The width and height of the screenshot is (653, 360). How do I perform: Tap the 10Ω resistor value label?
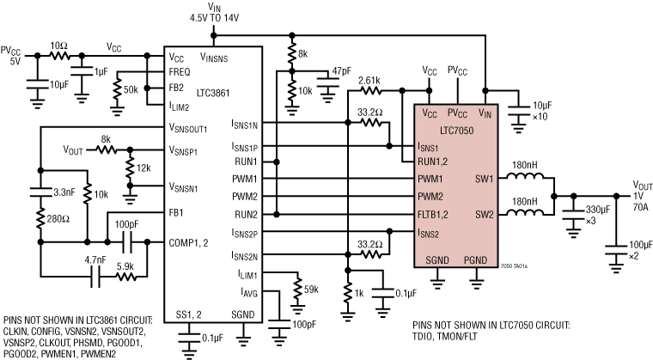[58, 44]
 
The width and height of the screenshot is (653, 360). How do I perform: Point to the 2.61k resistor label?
[370, 79]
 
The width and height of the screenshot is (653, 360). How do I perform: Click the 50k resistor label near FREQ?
[131, 89]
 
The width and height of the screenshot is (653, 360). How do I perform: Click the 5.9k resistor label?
[124, 265]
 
